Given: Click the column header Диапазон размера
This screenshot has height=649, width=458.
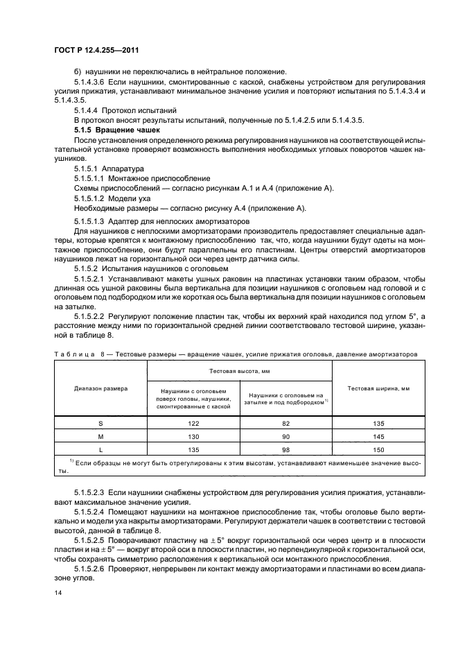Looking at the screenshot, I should point(100,389).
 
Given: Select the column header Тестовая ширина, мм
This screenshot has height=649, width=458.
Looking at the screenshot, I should point(374,389).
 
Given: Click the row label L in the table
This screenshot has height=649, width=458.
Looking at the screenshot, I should point(100,449).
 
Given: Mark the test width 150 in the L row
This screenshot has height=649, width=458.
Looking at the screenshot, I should point(374,449).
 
